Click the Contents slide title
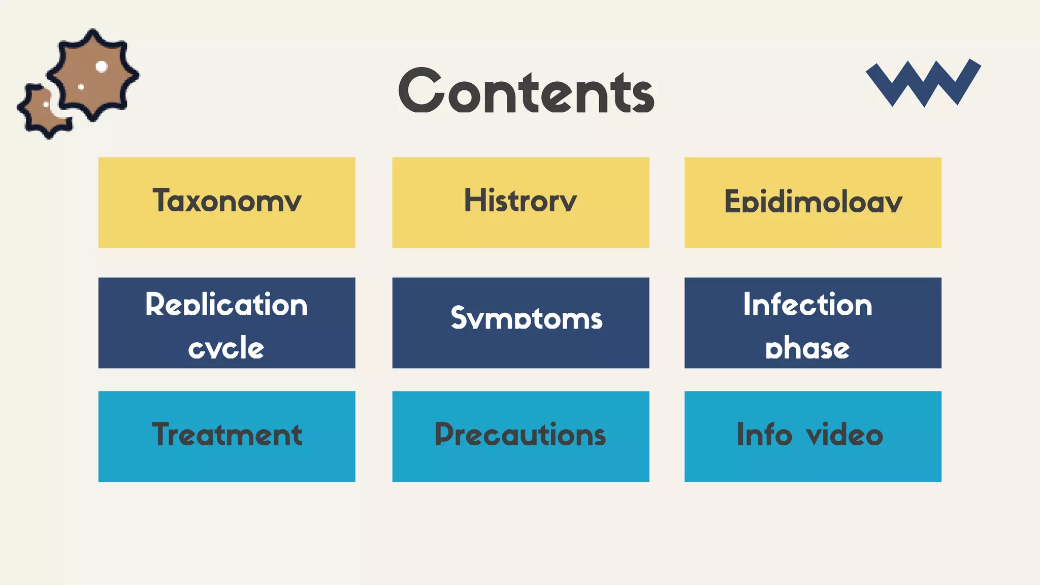pyautogui.click(x=526, y=91)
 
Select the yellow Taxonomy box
pyautogui.click(x=226, y=202)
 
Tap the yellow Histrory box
pyautogui.click(x=521, y=202)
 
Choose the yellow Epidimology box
pyautogui.click(x=812, y=202)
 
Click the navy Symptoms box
pyautogui.click(x=521, y=322)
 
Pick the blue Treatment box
pyautogui.click(x=226, y=436)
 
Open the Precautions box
pyautogui.click(x=521, y=436)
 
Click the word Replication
pyautogui.click(x=226, y=305)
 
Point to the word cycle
pyautogui.click(x=226, y=348)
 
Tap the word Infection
pyautogui.click(x=807, y=305)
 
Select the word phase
pyautogui.click(x=807, y=348)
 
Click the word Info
pyautogui.click(x=764, y=435)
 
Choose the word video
pyautogui.click(x=844, y=435)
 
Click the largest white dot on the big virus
pyautogui.click(x=102, y=67)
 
